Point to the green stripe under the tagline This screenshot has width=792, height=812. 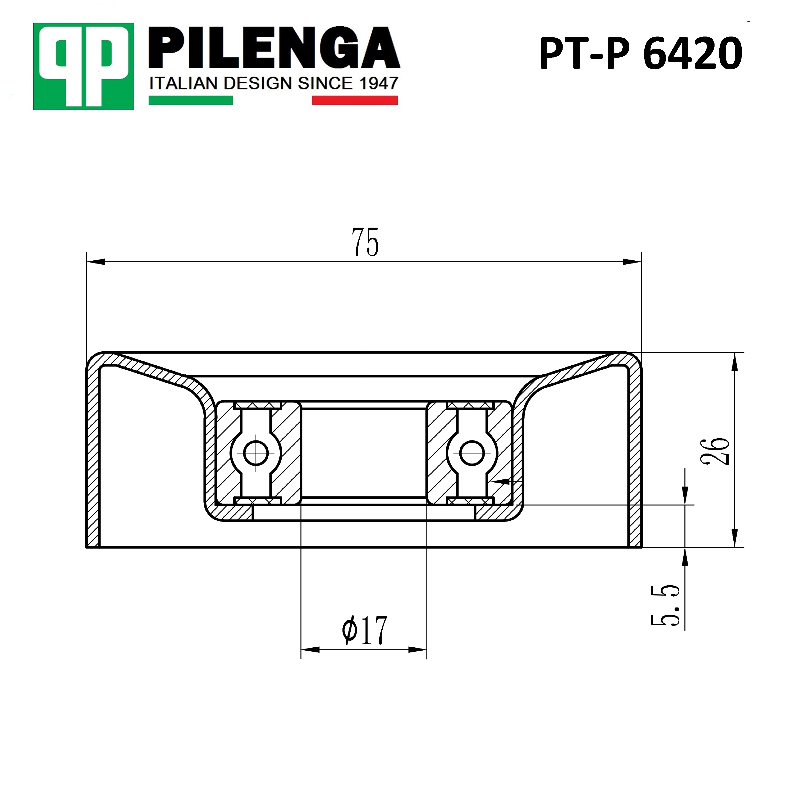(x=191, y=100)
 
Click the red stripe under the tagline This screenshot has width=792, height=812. (x=355, y=100)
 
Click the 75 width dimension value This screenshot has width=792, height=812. (x=365, y=242)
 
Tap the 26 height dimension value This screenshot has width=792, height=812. (x=715, y=451)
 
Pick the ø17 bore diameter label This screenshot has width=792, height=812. (x=364, y=630)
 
